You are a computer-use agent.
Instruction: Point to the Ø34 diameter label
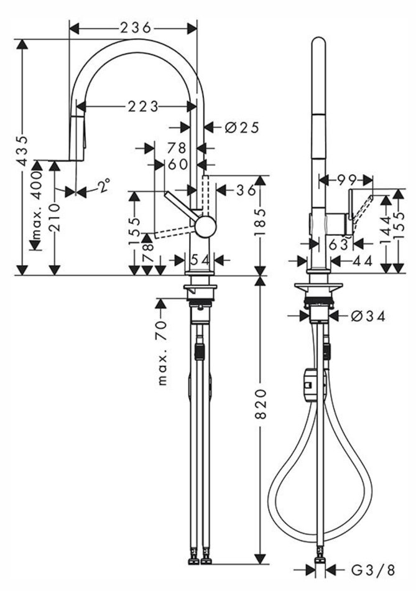[x=367, y=316]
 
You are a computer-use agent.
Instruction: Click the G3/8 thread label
[x=371, y=570]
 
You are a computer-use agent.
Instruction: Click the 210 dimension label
[x=55, y=217]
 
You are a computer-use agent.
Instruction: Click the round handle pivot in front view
[x=205, y=226]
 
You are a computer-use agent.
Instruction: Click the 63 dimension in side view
[x=339, y=244]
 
